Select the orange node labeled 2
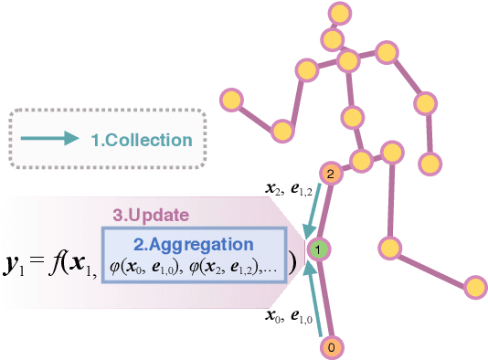(x=331, y=173)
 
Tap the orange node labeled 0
(x=333, y=348)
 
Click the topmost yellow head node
(x=340, y=14)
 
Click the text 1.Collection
(x=142, y=140)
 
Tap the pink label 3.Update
(x=150, y=215)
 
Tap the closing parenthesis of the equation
(x=292, y=261)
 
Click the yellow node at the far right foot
(x=474, y=287)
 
